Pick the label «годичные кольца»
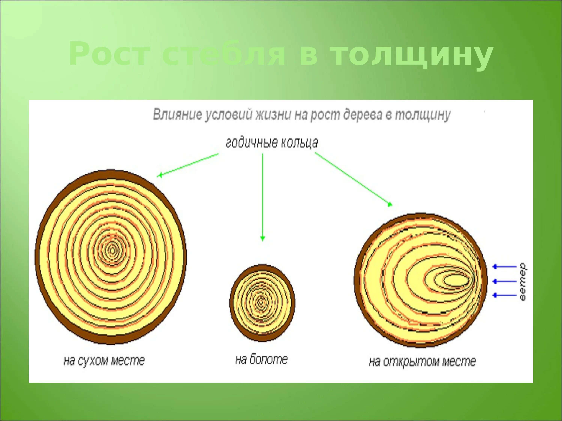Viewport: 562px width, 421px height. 272,143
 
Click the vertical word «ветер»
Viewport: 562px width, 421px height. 522,282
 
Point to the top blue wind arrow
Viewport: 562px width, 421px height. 504,266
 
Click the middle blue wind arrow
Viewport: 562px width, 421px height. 504,281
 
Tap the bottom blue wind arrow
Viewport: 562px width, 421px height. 504,295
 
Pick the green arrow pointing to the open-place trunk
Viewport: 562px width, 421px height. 353,179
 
